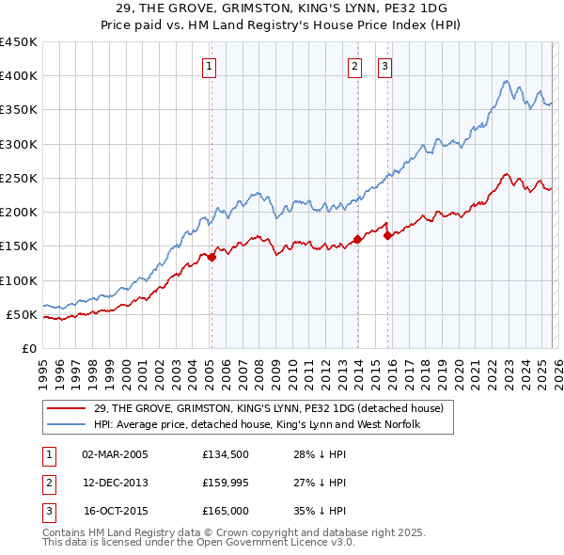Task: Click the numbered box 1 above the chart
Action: pos(209,66)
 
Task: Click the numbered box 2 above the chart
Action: pos(354,66)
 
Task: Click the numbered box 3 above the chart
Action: pos(385,66)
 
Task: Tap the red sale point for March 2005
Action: pos(211,257)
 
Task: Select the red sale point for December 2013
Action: pos(358,240)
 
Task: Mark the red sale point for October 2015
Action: pos(388,236)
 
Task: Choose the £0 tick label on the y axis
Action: pos(30,348)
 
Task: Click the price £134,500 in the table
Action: pos(225,454)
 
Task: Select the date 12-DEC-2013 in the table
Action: pos(116,483)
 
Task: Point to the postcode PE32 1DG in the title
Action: pos(387,9)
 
